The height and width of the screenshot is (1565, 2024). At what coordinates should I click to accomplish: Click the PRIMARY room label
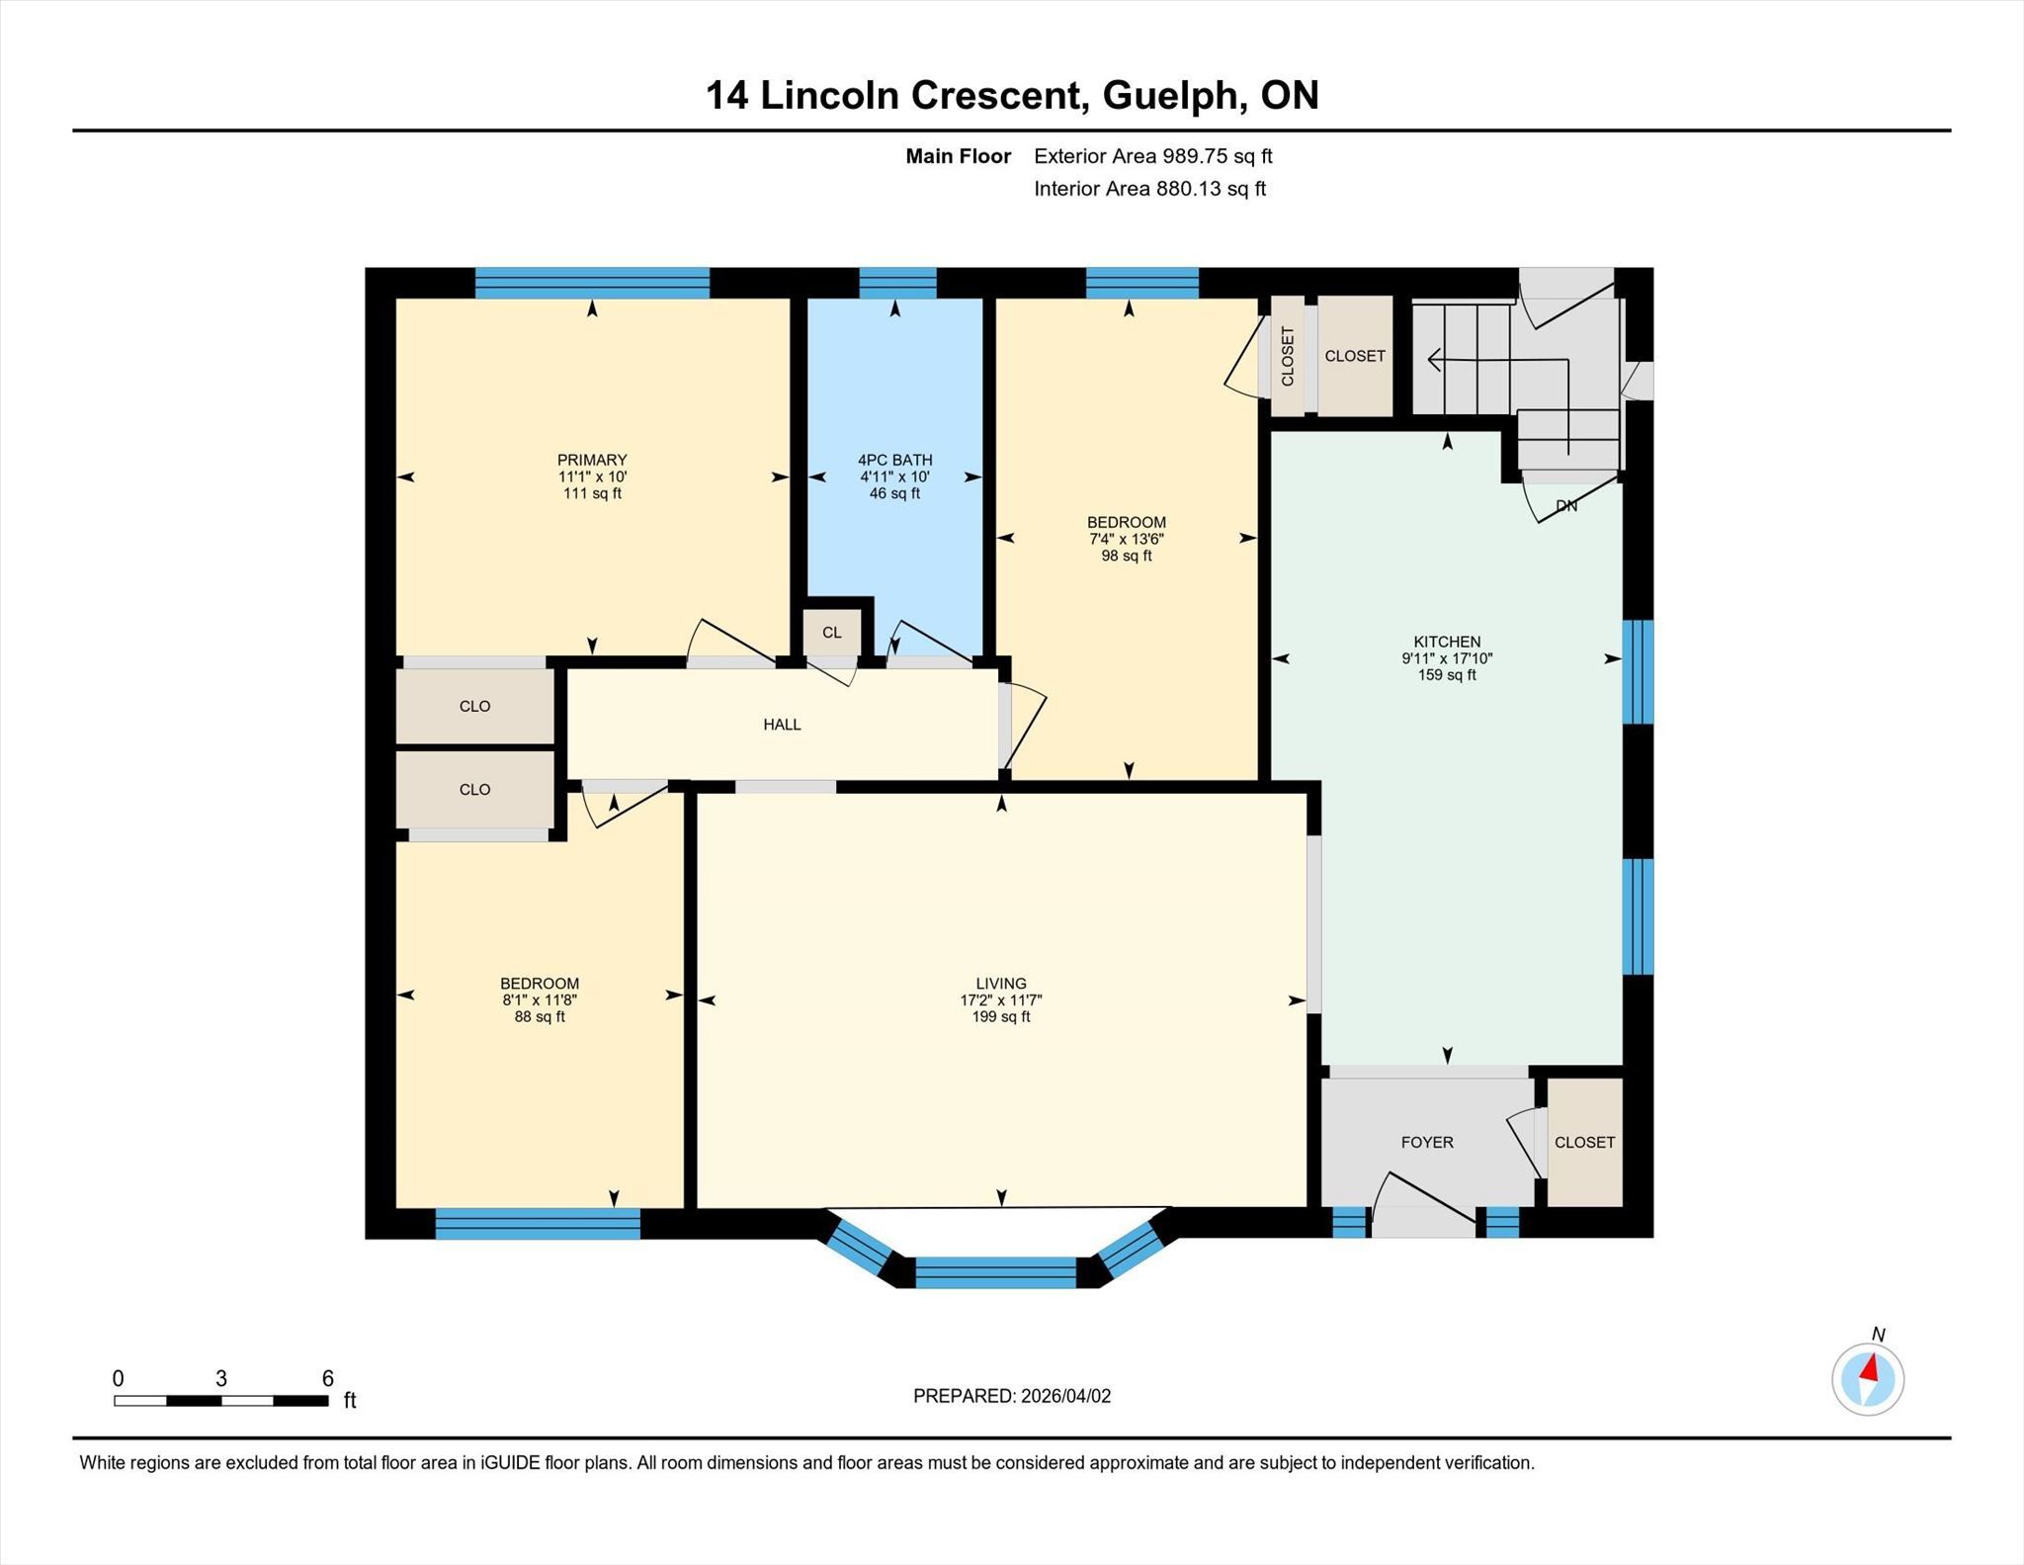click(x=592, y=460)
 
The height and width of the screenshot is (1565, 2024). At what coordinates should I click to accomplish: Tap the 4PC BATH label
click(x=894, y=460)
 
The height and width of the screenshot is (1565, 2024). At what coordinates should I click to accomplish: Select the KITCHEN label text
click(x=1447, y=642)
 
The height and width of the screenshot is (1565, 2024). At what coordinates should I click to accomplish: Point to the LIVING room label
click(x=1001, y=984)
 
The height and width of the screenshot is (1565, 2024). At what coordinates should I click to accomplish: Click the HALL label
click(x=782, y=725)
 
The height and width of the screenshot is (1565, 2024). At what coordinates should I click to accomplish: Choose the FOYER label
click(x=1427, y=1142)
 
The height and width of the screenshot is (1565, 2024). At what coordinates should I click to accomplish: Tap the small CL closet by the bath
click(x=832, y=633)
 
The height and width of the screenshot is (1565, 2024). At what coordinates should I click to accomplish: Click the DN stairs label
click(x=1566, y=506)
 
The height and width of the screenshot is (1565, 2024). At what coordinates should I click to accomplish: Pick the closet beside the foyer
click(x=1584, y=1142)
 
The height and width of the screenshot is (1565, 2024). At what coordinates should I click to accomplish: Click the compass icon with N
click(x=1868, y=1377)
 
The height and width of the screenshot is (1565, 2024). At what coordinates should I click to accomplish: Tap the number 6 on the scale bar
click(x=328, y=1378)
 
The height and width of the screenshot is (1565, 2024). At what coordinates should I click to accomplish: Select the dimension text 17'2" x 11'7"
click(x=1001, y=1000)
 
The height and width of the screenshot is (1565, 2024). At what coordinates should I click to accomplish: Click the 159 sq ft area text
click(x=1447, y=675)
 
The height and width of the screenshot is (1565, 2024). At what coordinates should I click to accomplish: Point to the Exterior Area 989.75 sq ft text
click(x=1153, y=156)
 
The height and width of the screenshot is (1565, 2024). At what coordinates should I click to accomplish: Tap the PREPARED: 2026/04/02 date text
click(x=1012, y=1396)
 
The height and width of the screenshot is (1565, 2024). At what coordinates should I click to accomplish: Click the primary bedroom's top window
click(x=592, y=283)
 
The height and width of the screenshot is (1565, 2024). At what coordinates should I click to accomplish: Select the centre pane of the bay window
click(x=995, y=1272)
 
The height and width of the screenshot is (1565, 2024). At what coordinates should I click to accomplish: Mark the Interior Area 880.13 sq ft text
click(x=1150, y=189)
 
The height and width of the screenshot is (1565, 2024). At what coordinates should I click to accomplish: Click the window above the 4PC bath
click(x=897, y=283)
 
